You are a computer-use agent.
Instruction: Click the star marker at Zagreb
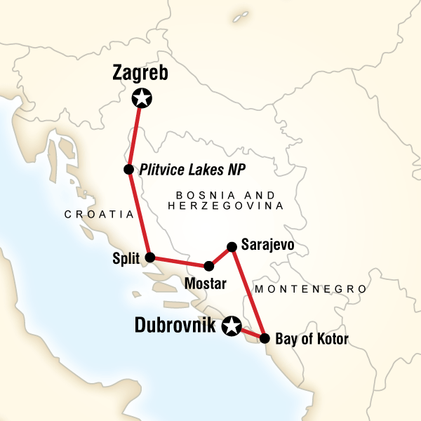(x=143, y=98)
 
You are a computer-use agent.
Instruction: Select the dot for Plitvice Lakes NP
(x=128, y=169)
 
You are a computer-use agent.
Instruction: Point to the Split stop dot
(x=149, y=258)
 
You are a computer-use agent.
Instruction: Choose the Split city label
(x=126, y=258)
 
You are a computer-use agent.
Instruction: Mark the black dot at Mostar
(x=208, y=267)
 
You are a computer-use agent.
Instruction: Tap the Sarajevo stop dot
(x=232, y=246)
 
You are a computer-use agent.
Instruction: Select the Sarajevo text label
(x=267, y=245)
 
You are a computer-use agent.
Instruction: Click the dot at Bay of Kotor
(x=265, y=338)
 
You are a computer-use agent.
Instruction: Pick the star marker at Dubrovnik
(x=231, y=326)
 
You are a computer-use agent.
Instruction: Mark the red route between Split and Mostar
(x=179, y=262)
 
